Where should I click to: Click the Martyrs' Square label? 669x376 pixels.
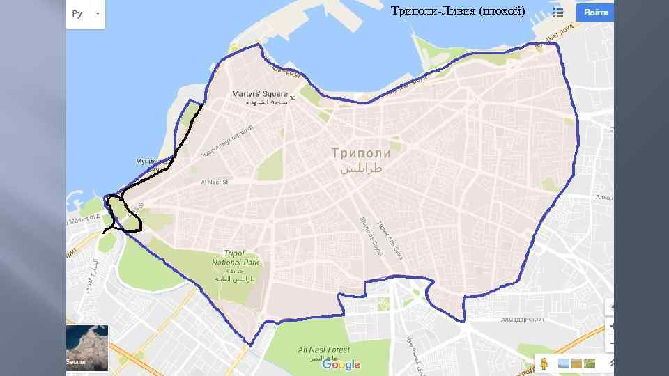point(259,93)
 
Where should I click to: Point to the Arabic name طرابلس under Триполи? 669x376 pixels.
point(361,169)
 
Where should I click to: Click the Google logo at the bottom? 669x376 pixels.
point(341,364)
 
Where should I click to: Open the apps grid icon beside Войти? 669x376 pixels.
point(557,13)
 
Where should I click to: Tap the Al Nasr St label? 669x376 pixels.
point(214,182)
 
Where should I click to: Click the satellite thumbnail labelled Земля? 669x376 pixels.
point(87,345)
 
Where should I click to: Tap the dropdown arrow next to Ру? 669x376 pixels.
point(97,13)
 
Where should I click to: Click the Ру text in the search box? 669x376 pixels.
point(77,13)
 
